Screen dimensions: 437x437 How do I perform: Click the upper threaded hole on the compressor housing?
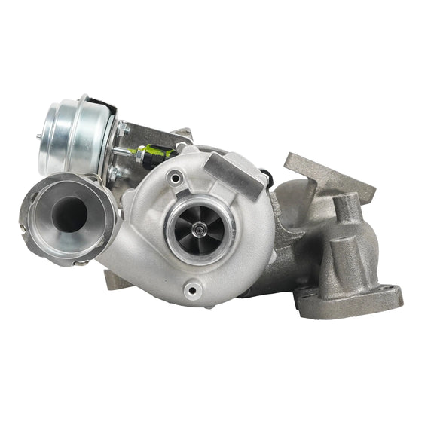tap(175, 178)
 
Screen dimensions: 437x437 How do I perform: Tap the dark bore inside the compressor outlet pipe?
tap(67, 214)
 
